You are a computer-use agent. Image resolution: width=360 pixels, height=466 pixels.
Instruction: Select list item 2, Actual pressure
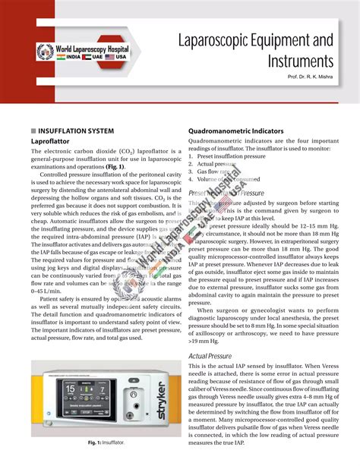point(217,163)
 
